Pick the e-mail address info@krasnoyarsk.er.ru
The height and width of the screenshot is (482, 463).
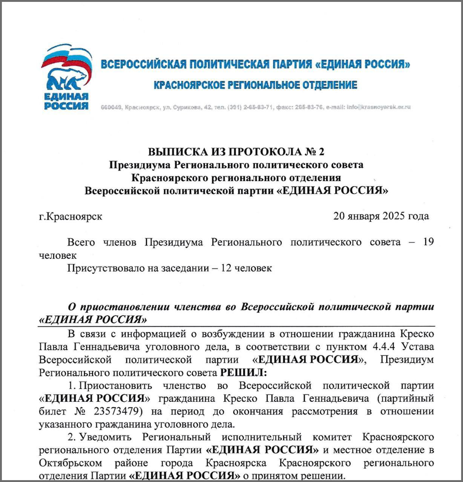tap(379, 107)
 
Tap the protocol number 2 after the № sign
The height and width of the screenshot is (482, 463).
tap(321, 152)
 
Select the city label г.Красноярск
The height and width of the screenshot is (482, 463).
tap(71, 217)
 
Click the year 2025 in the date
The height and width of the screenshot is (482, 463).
tap(394, 216)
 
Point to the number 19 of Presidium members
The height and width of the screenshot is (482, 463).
tap(428, 242)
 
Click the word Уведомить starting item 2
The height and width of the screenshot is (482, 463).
tap(106, 437)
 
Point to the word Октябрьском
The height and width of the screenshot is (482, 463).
tap(71, 463)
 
